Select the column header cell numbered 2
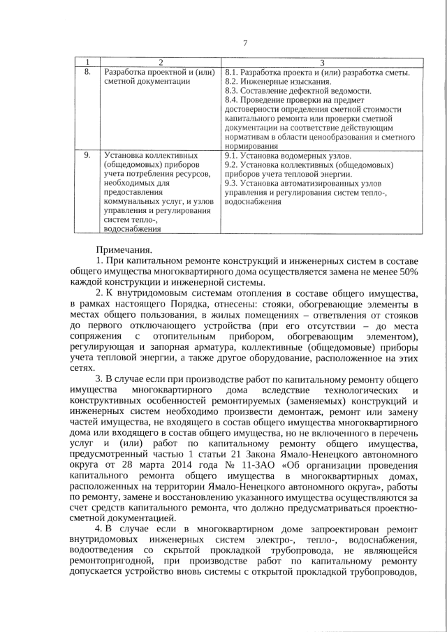160,64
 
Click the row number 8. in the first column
87,73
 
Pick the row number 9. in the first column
87,155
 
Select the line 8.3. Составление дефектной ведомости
298,91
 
